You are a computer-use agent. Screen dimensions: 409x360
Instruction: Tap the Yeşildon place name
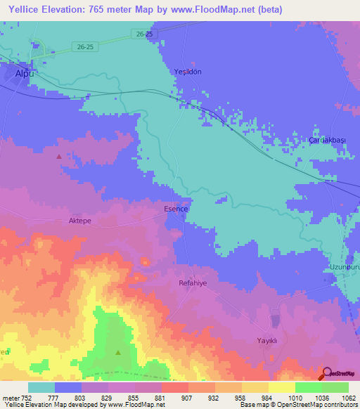(x=188, y=72)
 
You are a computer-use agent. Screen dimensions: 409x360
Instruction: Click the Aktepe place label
(x=80, y=220)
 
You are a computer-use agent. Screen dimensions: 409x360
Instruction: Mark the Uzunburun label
(x=344, y=268)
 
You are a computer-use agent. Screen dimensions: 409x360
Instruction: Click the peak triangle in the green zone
(x=118, y=352)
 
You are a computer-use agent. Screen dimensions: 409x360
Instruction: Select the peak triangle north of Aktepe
(x=58, y=157)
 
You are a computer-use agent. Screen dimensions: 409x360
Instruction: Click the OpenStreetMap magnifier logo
(x=327, y=373)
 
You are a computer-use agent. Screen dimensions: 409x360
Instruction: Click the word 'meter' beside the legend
(x=11, y=397)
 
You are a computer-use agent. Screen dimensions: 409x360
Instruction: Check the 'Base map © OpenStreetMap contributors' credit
(x=298, y=405)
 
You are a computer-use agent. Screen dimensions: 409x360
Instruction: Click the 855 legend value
(x=134, y=397)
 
